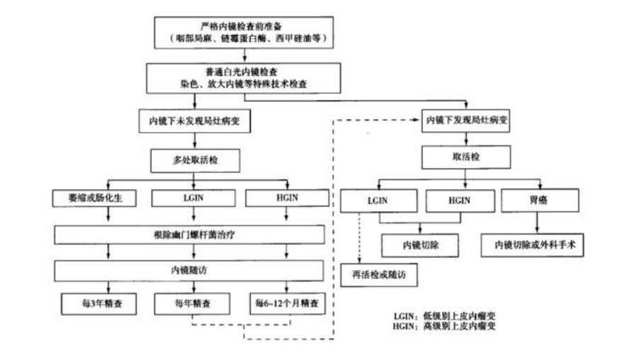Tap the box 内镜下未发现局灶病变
tap(193, 120)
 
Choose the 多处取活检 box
tap(193, 160)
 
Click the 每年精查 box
tap(193, 303)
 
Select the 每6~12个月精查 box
tap(287, 303)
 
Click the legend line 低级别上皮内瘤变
tap(453, 315)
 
